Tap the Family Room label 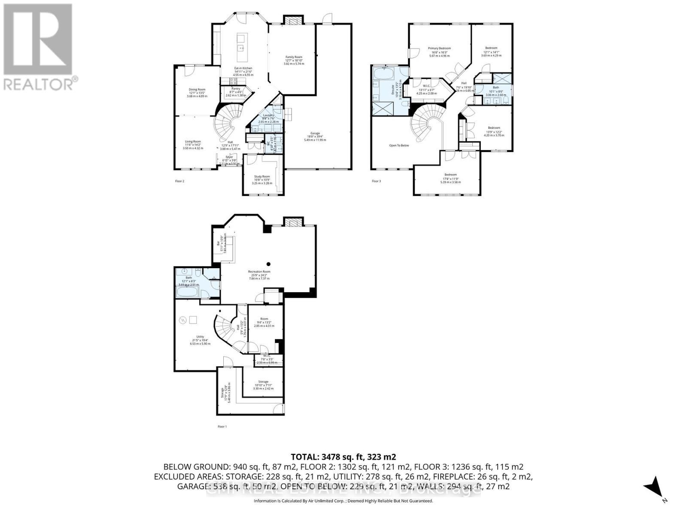294,57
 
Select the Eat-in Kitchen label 243,68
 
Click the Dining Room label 197,90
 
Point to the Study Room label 262,176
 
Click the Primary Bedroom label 439,48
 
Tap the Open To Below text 399,145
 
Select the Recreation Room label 259,272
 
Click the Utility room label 200,336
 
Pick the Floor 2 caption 179,181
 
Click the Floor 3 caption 376,181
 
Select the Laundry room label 268,115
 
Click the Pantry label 236,89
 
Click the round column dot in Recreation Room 268,264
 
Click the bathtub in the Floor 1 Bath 188,293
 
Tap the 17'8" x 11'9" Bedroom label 450,175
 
